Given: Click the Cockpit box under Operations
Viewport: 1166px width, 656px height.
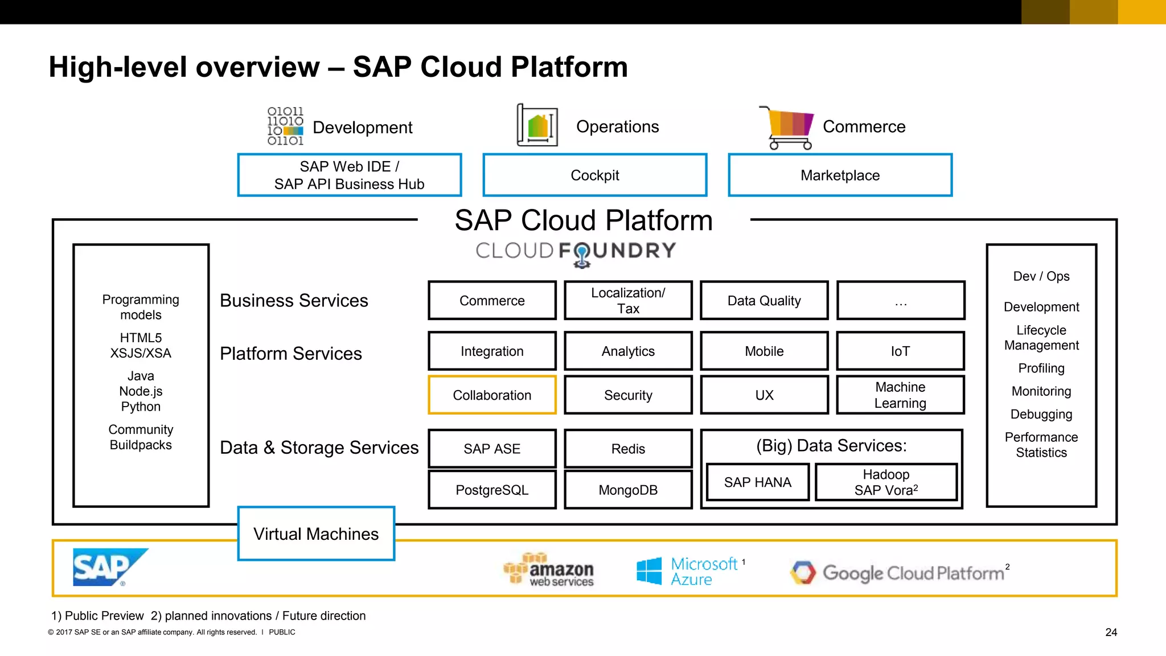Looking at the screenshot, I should pos(594,175).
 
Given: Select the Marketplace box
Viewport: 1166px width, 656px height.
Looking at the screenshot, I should pos(840,175).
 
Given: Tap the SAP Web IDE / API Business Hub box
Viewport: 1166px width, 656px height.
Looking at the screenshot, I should pos(349,175).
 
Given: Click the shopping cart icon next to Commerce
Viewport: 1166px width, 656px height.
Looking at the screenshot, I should pos(788,128).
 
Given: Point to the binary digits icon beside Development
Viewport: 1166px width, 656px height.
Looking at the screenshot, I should pos(285,126).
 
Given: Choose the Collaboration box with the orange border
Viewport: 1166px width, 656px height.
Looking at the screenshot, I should pos(492,395).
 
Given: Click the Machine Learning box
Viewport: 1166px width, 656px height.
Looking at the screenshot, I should pos(900,395).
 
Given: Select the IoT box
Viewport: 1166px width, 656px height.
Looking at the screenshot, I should pos(900,351).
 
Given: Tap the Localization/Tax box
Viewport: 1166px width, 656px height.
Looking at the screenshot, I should pos(628,300).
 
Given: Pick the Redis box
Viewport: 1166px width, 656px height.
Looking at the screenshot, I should pos(628,448).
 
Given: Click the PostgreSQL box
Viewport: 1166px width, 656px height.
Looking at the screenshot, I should pos(492,489).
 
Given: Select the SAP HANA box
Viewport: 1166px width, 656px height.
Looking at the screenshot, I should pos(757,482).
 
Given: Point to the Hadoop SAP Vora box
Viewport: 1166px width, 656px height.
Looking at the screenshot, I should pos(886,482).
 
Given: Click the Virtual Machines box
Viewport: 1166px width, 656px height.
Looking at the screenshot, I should pos(316,534).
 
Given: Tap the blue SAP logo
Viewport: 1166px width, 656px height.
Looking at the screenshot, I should pos(108,567).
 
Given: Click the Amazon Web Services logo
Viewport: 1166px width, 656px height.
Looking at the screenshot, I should pos(549,569).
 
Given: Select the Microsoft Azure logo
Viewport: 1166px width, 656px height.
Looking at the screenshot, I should pos(689,571).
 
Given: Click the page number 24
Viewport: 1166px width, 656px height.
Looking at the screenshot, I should pos(1111,632).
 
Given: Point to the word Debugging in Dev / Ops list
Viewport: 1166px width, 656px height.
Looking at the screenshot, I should pos(1041,414).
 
